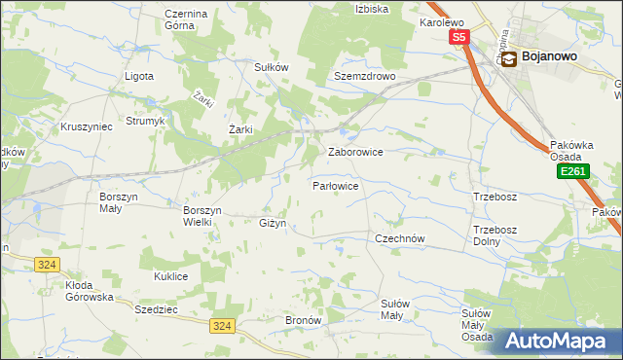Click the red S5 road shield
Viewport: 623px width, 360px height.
[459, 38]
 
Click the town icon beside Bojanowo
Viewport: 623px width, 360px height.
[509, 57]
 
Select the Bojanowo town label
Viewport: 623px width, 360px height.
[550, 56]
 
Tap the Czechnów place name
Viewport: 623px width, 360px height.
[401, 237]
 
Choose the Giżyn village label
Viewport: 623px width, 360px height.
[273, 224]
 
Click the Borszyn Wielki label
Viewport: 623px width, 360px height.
[203, 215]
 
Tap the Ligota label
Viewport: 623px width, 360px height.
[140, 75]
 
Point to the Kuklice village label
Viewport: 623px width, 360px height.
[170, 276]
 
